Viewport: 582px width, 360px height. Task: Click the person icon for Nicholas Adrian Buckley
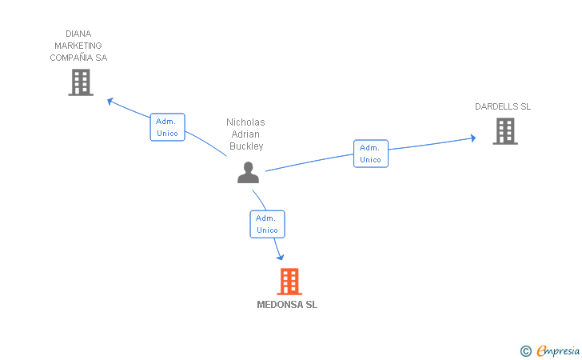tap(248, 173)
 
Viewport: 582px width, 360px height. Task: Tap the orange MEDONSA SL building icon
tap(289, 282)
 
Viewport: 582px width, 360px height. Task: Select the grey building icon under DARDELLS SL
tap(504, 131)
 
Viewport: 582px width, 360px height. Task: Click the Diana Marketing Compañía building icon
tap(81, 82)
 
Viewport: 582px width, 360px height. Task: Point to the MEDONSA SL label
tap(287, 305)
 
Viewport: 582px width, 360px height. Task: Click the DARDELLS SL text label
tap(503, 106)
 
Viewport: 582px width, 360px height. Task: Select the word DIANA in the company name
tap(78, 34)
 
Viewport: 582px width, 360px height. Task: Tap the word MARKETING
tap(78, 46)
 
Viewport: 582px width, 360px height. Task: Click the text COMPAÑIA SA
tap(78, 58)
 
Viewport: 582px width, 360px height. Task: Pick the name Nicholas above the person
tap(245, 122)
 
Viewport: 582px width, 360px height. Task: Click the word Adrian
tap(245, 134)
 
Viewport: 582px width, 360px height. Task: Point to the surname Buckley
tap(245, 146)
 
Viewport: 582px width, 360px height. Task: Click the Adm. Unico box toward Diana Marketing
tap(167, 127)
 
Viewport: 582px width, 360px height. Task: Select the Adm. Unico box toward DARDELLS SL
tap(370, 154)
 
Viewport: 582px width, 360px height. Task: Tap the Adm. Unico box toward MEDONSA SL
tap(267, 224)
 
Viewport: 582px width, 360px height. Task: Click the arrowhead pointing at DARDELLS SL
tap(472, 138)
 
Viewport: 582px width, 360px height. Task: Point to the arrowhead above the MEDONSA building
tap(280, 257)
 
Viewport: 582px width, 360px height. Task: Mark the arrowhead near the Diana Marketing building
tap(111, 101)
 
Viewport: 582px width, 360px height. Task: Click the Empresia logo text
tap(558, 350)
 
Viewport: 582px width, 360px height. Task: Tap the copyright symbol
tap(525, 350)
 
